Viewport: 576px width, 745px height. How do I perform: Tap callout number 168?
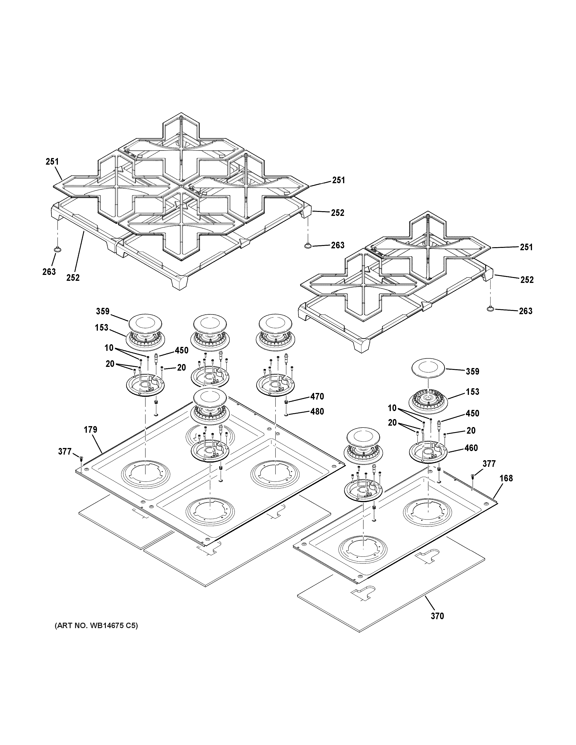(x=506, y=478)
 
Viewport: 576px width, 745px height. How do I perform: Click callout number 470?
(x=317, y=396)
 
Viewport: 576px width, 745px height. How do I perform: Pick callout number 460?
(x=471, y=448)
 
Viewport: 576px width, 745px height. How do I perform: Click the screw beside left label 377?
(x=81, y=458)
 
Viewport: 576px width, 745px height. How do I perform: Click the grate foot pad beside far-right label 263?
(x=490, y=309)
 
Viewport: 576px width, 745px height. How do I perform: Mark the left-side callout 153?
(x=101, y=328)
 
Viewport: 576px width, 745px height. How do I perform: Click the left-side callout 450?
(x=182, y=351)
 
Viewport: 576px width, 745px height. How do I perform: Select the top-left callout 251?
(x=52, y=162)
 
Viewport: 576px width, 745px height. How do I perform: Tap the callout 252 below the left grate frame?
(x=73, y=278)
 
